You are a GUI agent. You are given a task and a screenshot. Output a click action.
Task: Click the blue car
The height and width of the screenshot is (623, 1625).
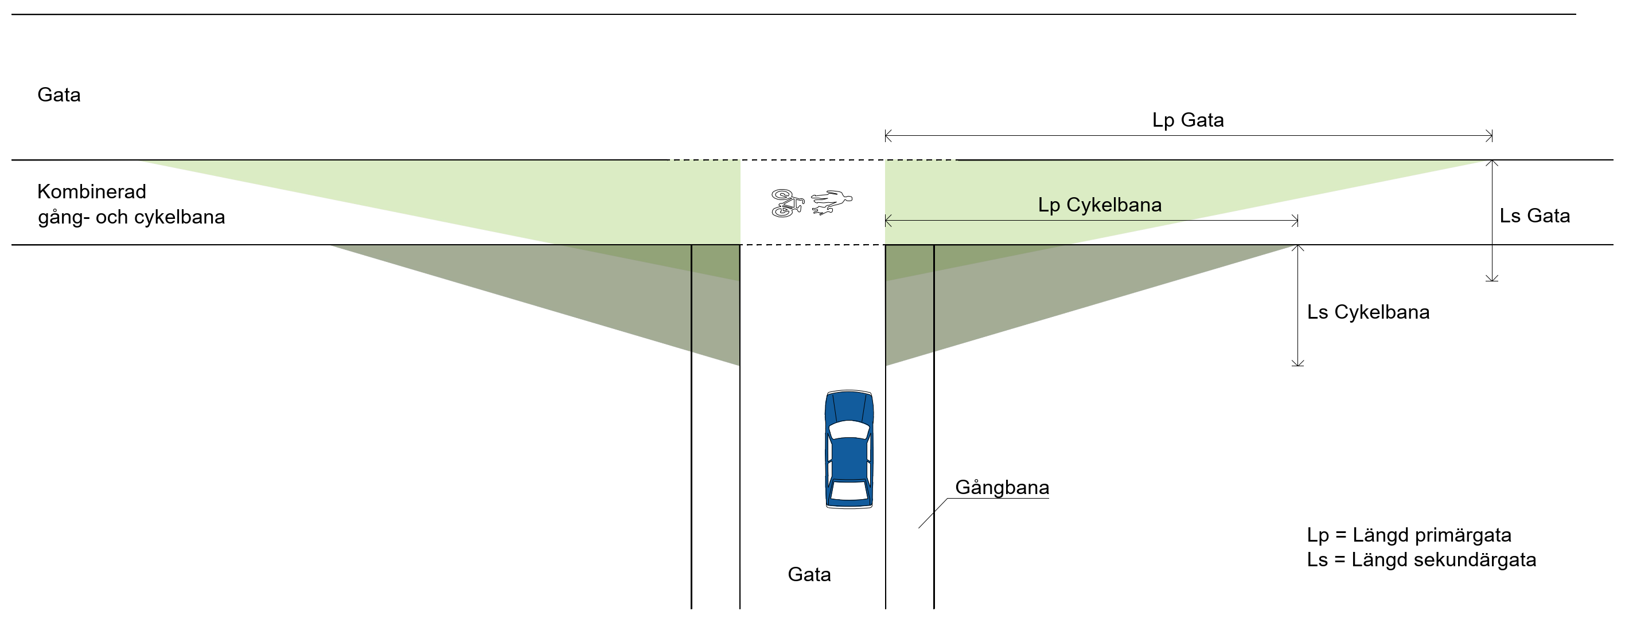pyautogui.click(x=849, y=449)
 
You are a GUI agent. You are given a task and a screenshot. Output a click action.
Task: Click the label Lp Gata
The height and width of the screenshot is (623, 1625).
pyautogui.click(x=1188, y=120)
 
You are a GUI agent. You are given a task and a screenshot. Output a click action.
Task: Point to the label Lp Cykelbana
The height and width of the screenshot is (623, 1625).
pyautogui.click(x=1100, y=205)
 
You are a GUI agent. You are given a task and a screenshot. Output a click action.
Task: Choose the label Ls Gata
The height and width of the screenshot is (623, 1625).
pyautogui.click(x=1534, y=215)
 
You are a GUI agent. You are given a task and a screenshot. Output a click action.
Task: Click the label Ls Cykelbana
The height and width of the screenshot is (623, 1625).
pyautogui.click(x=1367, y=312)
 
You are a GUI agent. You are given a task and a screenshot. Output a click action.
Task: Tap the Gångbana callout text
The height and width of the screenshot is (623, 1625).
pyautogui.click(x=1002, y=487)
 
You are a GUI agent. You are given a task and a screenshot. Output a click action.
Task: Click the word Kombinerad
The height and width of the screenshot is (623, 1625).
pyautogui.click(x=91, y=191)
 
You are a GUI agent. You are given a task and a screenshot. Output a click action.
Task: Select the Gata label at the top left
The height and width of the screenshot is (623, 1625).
pyautogui.click(x=59, y=95)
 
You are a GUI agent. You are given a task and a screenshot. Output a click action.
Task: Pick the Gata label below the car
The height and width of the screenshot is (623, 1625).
pyautogui.click(x=809, y=574)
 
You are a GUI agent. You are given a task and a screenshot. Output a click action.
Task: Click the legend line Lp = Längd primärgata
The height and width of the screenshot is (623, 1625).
pyautogui.click(x=1409, y=535)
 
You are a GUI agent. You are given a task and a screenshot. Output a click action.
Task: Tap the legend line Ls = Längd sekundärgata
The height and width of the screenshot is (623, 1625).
pyautogui.click(x=1421, y=560)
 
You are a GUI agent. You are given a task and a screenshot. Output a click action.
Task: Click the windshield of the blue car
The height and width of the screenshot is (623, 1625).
pyautogui.click(x=849, y=429)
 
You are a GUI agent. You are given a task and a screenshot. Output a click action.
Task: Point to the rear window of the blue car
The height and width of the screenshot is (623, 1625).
pyautogui.click(x=849, y=491)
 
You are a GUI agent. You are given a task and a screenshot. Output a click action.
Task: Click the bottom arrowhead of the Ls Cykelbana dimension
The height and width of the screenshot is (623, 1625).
pyautogui.click(x=1297, y=364)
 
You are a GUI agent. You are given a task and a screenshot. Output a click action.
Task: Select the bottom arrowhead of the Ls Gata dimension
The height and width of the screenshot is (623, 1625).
pyautogui.click(x=1491, y=279)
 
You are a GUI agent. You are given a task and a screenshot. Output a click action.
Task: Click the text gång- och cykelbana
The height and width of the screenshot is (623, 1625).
pyautogui.click(x=131, y=217)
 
